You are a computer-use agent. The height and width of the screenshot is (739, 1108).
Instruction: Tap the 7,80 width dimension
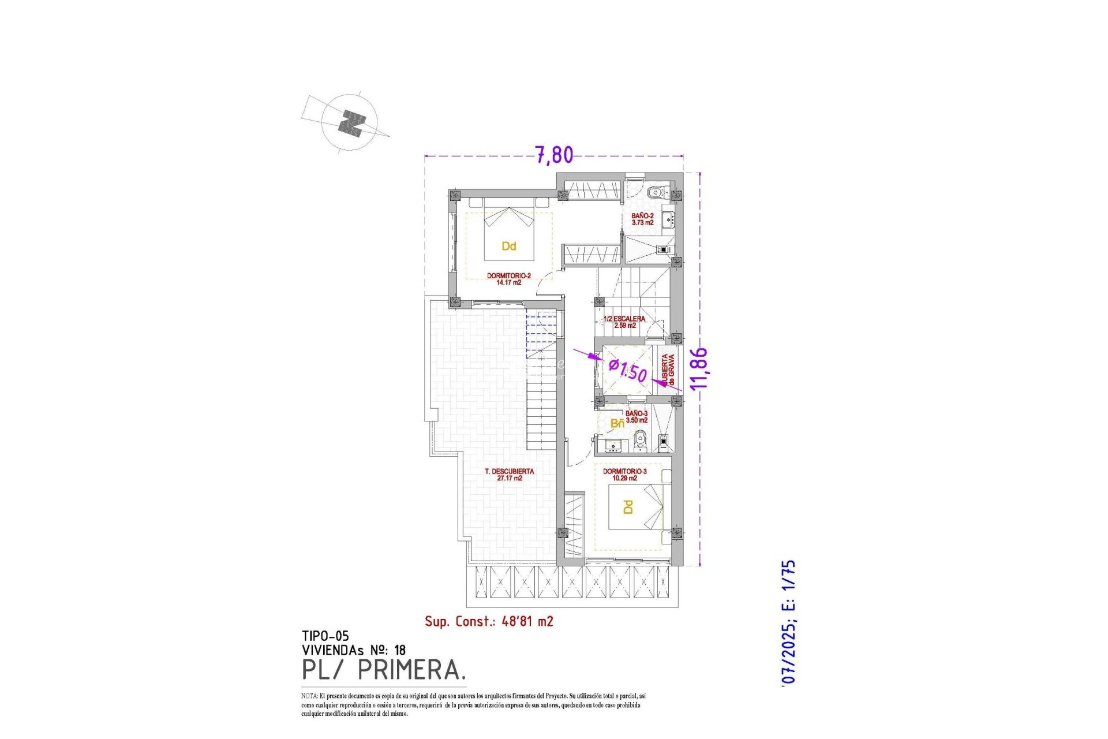(555, 155)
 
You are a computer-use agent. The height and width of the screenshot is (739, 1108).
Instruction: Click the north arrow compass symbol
(350, 123)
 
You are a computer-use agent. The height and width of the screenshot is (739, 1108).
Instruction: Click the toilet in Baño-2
(654, 192)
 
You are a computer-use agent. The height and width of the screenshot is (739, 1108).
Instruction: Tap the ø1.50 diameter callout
(628, 370)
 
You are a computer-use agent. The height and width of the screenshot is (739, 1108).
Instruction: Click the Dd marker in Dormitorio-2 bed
(508, 247)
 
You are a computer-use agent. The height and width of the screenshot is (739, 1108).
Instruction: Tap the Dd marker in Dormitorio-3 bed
(628, 507)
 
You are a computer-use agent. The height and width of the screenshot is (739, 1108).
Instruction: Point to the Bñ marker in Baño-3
(617, 424)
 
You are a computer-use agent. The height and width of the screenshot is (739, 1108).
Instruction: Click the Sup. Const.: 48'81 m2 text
(489, 621)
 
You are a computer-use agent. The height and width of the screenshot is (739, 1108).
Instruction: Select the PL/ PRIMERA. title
(384, 670)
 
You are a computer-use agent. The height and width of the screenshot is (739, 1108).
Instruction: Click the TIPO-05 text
(325, 636)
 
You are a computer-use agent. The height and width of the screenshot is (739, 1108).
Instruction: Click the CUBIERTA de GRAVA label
(668, 370)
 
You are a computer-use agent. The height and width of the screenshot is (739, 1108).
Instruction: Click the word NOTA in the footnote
(309, 696)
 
